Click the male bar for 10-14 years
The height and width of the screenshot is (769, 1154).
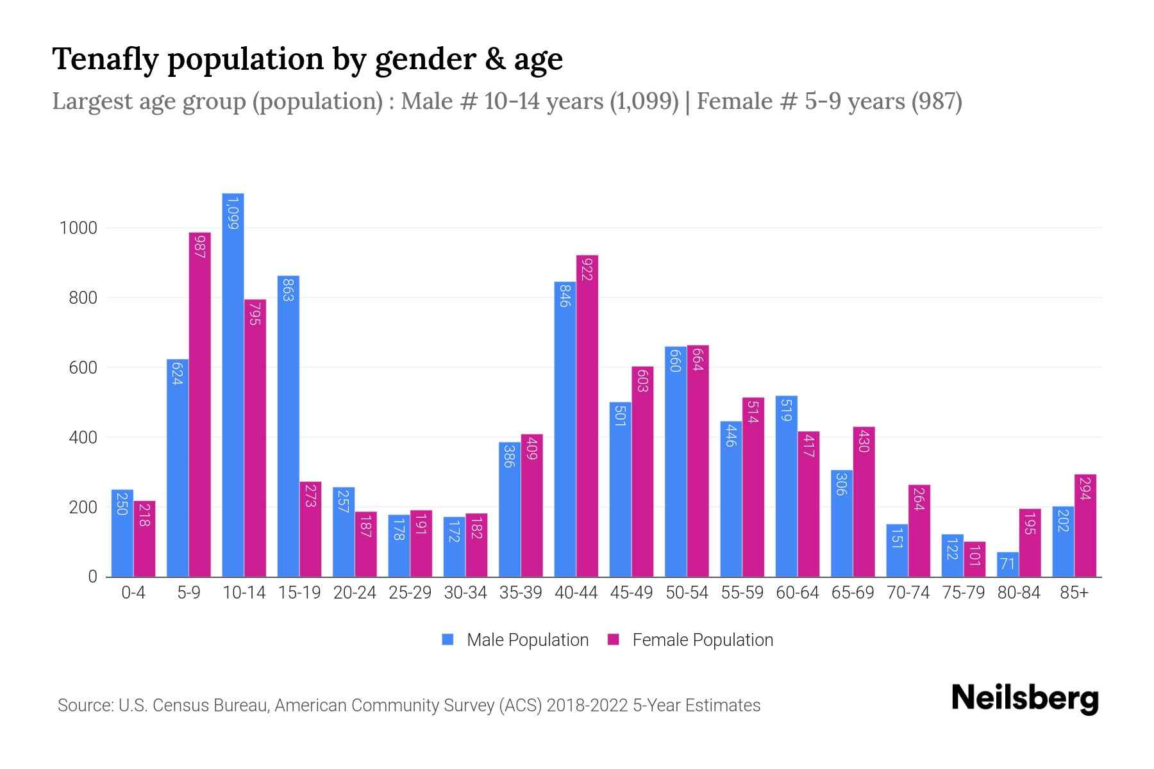[233, 384]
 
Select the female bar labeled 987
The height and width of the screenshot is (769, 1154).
[199, 404]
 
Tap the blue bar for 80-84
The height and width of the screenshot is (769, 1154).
[1008, 564]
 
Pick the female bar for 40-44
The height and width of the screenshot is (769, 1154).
[587, 417]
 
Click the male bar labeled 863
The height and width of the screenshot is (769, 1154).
[288, 426]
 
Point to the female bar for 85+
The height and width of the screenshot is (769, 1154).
[1085, 525]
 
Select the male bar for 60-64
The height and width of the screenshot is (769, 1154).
[787, 487]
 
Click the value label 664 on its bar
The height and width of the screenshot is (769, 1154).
[698, 360]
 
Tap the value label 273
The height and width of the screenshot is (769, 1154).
[310, 495]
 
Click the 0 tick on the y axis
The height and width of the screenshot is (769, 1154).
[92, 577]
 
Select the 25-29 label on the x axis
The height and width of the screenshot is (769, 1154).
[410, 593]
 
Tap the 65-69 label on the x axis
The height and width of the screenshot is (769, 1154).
[853, 593]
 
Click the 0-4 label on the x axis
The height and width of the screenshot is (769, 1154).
[133, 593]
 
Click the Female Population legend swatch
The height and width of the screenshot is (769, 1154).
[614, 640]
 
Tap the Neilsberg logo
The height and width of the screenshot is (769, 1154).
[1024, 699]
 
